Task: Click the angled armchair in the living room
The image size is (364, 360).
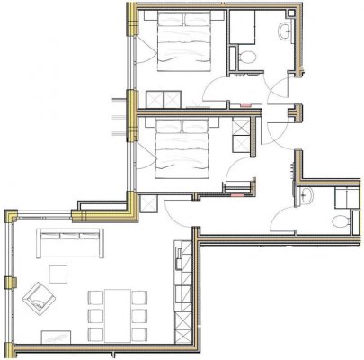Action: pos(39,296)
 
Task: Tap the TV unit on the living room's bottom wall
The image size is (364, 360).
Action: pos(54,338)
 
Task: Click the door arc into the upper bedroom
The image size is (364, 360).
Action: pos(216,90)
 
